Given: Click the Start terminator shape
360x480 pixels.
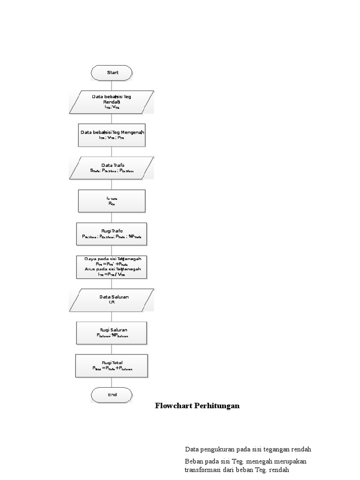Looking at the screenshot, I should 112,73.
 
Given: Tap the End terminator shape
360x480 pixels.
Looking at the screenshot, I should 112,395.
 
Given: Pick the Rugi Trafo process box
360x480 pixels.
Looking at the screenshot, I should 112,233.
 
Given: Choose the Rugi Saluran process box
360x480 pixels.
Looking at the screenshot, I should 112,332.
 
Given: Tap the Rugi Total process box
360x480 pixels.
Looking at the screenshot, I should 112,366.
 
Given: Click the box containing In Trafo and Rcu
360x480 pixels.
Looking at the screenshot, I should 112,201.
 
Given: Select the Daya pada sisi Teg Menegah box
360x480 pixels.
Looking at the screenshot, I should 112,266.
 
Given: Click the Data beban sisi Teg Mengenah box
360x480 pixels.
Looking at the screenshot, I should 112,135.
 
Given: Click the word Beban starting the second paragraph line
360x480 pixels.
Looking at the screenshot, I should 194,462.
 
